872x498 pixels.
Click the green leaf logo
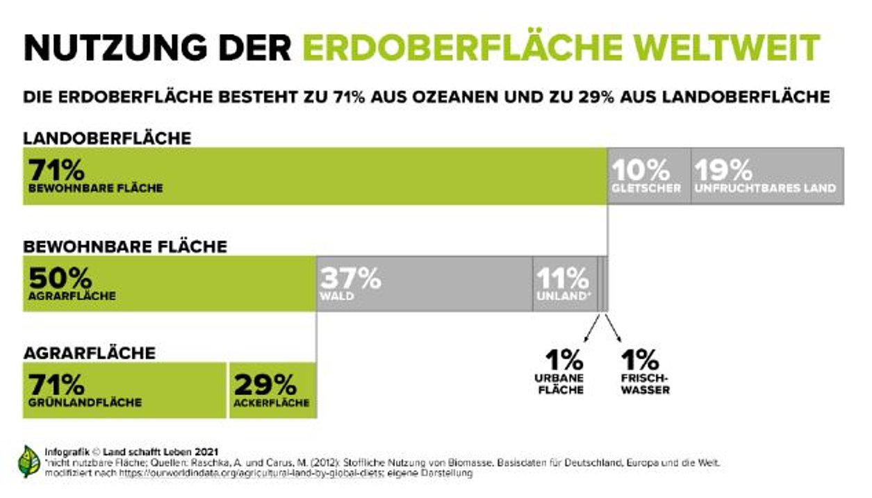point(29,461)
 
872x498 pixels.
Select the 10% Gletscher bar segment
point(649,176)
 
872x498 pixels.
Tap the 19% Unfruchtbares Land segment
point(767,176)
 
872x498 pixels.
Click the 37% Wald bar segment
point(425,283)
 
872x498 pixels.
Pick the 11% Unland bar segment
point(564,283)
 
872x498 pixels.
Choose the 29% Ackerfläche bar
point(272,390)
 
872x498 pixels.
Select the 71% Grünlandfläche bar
point(124,390)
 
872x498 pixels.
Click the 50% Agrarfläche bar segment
point(170,283)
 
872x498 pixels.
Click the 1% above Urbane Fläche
point(563,360)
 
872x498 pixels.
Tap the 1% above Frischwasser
point(639,360)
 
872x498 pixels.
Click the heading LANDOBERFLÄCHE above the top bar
point(107,138)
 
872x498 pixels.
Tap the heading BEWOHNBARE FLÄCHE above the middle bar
point(125,246)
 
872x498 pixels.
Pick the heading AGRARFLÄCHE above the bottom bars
point(90,353)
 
